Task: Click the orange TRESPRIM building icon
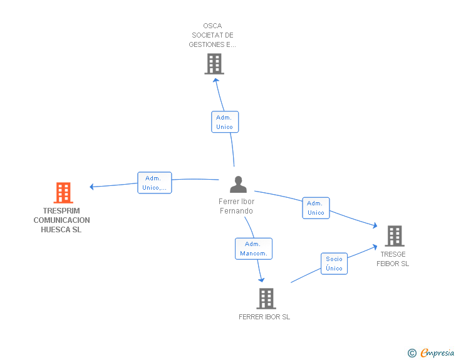pyautogui.click(x=63, y=193)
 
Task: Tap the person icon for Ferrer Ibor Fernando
pyautogui.click(x=238, y=185)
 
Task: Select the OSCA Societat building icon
pyautogui.click(x=214, y=64)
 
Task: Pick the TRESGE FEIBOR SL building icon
pyautogui.click(x=394, y=236)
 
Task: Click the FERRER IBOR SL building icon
pyautogui.click(x=266, y=299)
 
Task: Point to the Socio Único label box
pyautogui.click(x=334, y=264)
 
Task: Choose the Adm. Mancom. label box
pyautogui.click(x=254, y=249)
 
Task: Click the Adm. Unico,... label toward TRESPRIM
pyautogui.click(x=155, y=183)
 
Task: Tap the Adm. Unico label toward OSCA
pyautogui.click(x=224, y=122)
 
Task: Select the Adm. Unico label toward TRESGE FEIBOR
pyautogui.click(x=316, y=208)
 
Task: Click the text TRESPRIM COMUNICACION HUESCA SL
pyautogui.click(x=61, y=220)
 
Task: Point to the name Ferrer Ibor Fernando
pyautogui.click(x=237, y=206)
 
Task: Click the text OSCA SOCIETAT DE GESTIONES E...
pyautogui.click(x=212, y=35)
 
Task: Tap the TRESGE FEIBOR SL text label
pyautogui.click(x=393, y=259)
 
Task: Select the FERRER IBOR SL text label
pyautogui.click(x=264, y=317)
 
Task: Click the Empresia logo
pyautogui.click(x=437, y=353)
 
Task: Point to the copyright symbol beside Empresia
pyautogui.click(x=412, y=354)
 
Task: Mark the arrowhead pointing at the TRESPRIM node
pyautogui.click(x=91, y=187)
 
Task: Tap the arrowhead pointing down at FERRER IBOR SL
pyautogui.click(x=261, y=279)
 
